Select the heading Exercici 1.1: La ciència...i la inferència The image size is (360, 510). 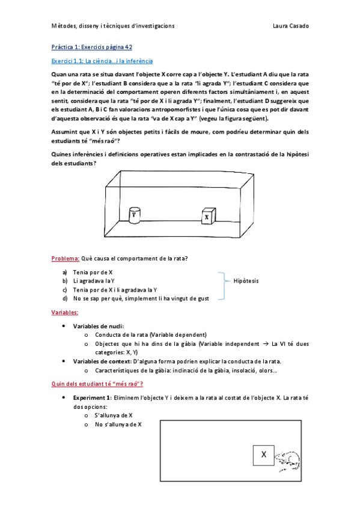click(102, 61)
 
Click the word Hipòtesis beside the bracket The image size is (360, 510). click(246, 280)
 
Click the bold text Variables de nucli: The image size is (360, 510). click(99, 326)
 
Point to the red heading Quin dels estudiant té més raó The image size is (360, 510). click(97, 384)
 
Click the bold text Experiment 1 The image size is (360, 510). click(92, 398)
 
